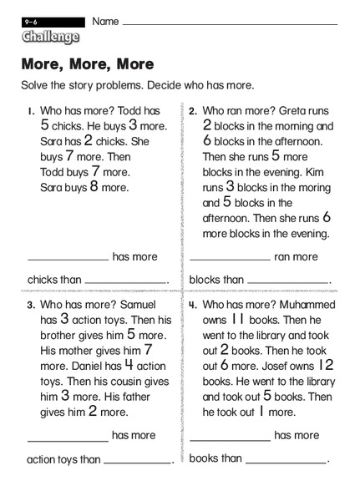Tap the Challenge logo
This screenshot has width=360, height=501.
tap(51, 37)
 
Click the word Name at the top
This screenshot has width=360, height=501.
tap(105, 21)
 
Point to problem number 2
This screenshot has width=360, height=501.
tap(193, 111)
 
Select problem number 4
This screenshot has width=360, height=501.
tap(193, 305)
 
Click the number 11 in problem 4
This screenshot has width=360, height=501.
tap(237, 319)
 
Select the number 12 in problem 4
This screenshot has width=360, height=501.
tap(326, 365)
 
